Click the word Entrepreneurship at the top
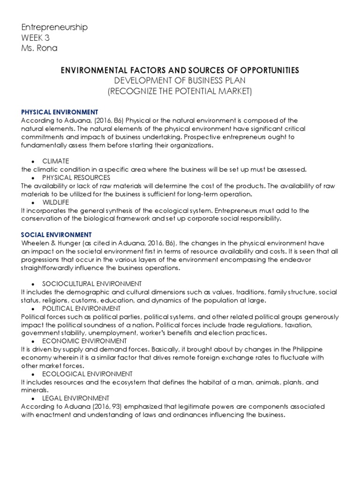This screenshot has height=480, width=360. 54,27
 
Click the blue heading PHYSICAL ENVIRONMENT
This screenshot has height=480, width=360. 60,112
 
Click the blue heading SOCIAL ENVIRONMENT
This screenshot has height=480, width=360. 56,234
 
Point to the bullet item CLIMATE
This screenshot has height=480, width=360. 55,161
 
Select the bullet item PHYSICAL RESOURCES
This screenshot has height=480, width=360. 76,178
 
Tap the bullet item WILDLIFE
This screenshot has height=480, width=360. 55,202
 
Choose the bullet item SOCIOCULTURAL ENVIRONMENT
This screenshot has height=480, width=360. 92,284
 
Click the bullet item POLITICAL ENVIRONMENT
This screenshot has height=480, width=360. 81,308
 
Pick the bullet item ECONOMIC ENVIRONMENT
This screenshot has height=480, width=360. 84,341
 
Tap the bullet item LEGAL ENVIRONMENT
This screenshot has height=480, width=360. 75,398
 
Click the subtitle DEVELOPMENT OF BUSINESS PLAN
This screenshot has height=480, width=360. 180,80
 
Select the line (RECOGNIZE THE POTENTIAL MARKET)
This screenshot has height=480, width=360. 180,91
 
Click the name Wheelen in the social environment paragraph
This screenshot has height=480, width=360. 35,243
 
